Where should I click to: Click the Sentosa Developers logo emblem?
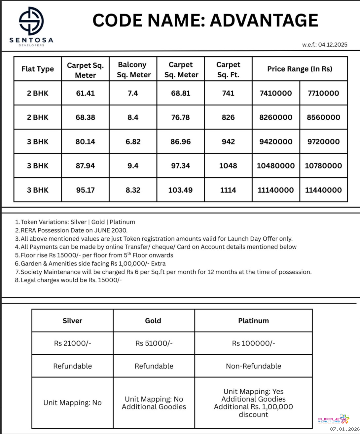pyautogui.click(x=31, y=21)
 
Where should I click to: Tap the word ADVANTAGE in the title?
pyautogui.click(x=264, y=20)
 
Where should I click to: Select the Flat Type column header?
pyautogui.click(x=38, y=69)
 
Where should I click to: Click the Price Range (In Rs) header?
pyautogui.click(x=300, y=69)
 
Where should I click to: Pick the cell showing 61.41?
pyautogui.click(x=85, y=93)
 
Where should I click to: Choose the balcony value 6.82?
pyautogui.click(x=133, y=141)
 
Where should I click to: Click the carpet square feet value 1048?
pyautogui.click(x=228, y=166)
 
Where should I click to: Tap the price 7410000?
pyautogui.click(x=276, y=93)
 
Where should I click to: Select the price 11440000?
pyautogui.click(x=323, y=190)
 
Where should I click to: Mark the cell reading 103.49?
pyautogui.click(x=180, y=190)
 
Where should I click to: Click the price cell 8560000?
pyautogui.click(x=323, y=117)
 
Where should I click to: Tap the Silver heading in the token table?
pyautogui.click(x=72, y=321)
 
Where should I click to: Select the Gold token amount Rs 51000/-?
pyautogui.click(x=154, y=343)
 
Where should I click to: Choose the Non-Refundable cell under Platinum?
pyautogui.click(x=253, y=366)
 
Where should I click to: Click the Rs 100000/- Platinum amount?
pyautogui.click(x=253, y=343)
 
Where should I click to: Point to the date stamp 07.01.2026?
pyautogui.click(x=344, y=429)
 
